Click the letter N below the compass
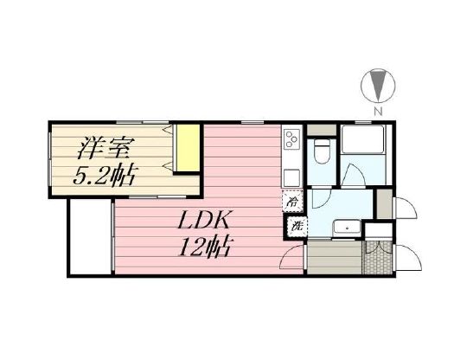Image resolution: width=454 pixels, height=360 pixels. click(x=377, y=112)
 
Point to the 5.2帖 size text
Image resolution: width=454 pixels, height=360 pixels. click(x=102, y=176)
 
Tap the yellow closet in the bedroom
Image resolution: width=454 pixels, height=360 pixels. click(x=188, y=151)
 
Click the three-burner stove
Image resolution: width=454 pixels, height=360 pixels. click(x=291, y=138)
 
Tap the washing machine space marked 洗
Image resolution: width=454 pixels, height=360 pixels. click(x=295, y=227)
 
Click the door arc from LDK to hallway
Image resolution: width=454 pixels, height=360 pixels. click(x=294, y=255)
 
